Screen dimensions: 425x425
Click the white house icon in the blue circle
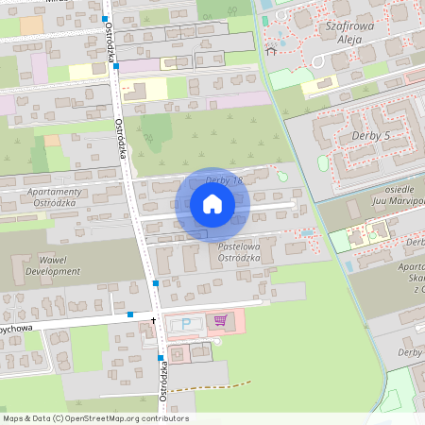pos(212,204)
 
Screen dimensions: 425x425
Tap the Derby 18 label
pos(225,180)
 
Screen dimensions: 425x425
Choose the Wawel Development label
pos(54,264)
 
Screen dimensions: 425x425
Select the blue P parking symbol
pos(185,323)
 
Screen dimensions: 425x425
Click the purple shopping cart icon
pos(220,320)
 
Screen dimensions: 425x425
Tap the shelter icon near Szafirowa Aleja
pos(271,52)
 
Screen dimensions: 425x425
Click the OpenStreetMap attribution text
pos(95,418)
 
